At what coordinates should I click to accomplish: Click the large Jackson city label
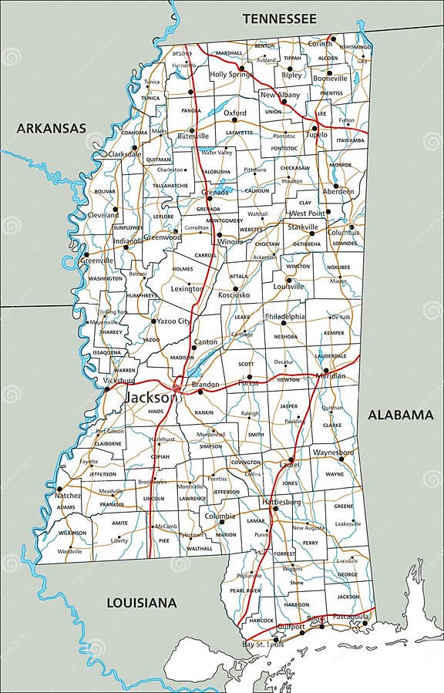pyautogui.click(x=150, y=398)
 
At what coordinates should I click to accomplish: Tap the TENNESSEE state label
pyautogui.click(x=279, y=18)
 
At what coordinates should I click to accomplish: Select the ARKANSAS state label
pyautogui.click(x=52, y=129)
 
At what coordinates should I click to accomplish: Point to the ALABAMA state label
pyautogui.click(x=400, y=415)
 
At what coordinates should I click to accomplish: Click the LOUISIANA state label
pyautogui.click(x=141, y=602)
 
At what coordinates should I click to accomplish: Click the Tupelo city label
pyautogui.click(x=315, y=134)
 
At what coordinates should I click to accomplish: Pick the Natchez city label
pyautogui.click(x=68, y=496)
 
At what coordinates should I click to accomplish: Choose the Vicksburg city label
pyautogui.click(x=119, y=380)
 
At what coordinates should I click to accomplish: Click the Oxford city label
pyautogui.click(x=235, y=113)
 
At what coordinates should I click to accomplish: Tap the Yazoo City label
pyautogui.click(x=173, y=321)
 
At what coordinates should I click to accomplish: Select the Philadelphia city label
pyautogui.click(x=285, y=316)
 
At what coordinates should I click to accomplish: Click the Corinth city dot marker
pyautogui.click(x=333, y=38)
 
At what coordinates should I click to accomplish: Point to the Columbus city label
pyautogui.click(x=343, y=232)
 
